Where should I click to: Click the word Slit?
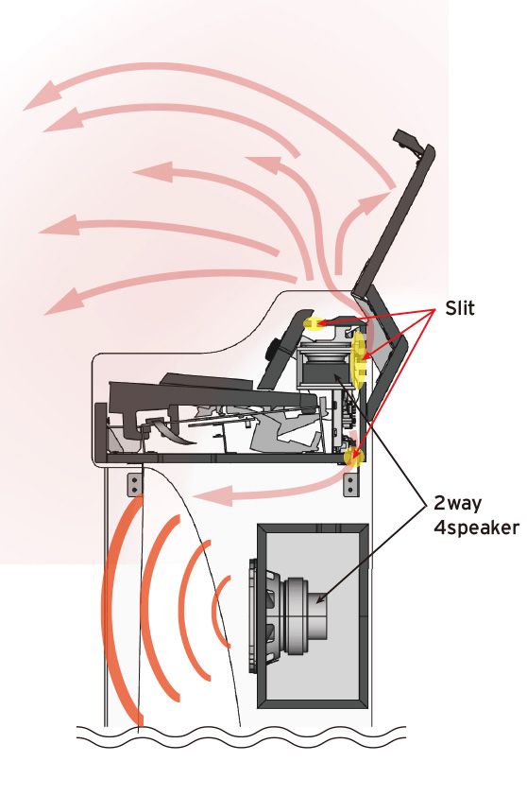[460, 307]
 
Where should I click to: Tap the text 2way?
[458, 503]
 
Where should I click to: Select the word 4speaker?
[476, 528]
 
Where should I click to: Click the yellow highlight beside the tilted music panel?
[313, 323]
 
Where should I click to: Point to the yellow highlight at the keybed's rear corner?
[353, 457]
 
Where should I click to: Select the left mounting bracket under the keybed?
[134, 484]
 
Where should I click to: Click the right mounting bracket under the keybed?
[351, 485]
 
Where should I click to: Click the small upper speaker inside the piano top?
[323, 367]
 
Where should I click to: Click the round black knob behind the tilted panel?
[276, 348]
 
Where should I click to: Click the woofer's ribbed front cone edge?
[262, 615]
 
